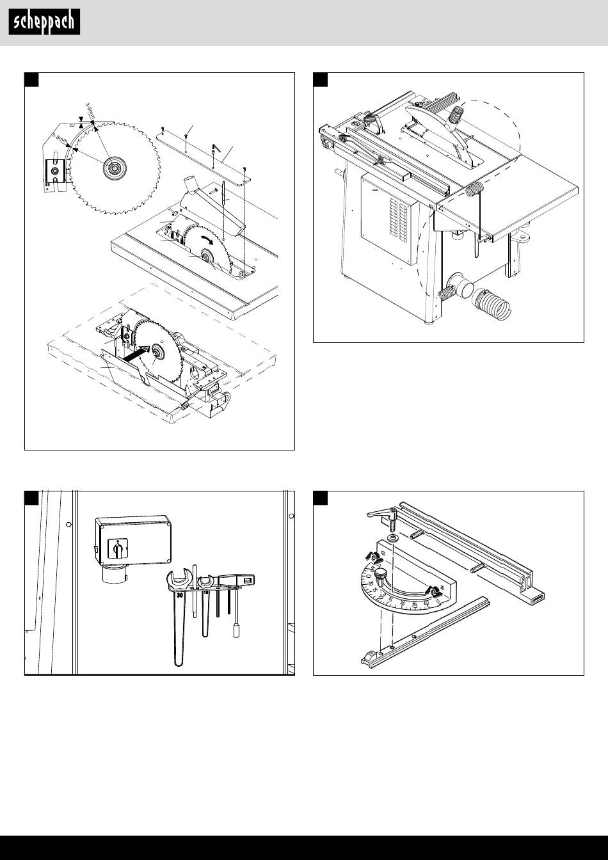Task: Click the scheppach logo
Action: coord(44,23)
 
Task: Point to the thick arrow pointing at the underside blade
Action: coord(136,352)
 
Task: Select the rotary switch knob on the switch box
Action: coord(117,548)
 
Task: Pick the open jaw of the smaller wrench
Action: coord(205,582)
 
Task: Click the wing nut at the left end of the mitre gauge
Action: coord(370,554)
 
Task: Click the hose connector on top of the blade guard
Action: coord(457,117)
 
